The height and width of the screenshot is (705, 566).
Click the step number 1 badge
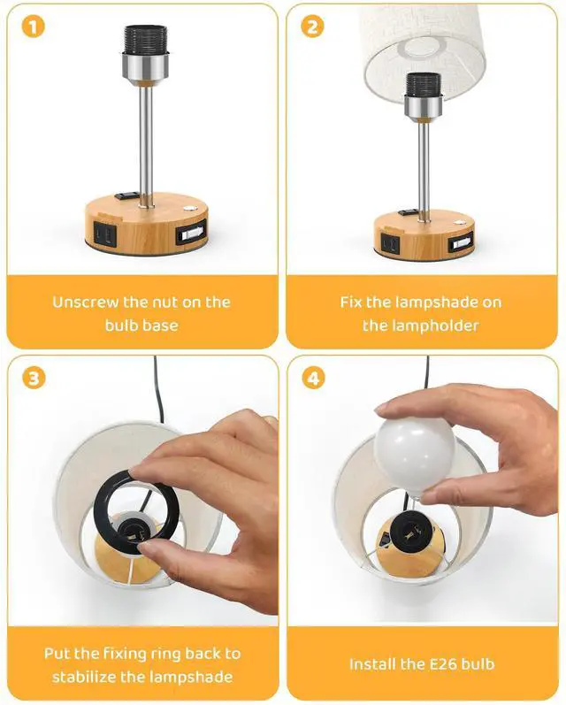click(x=34, y=27)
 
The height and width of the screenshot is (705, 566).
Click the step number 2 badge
click(x=312, y=27)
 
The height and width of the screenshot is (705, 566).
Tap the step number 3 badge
click(x=34, y=378)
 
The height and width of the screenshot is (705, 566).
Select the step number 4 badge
click(x=313, y=378)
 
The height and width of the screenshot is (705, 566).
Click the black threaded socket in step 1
click(x=145, y=40)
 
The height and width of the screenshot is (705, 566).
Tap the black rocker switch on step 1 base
click(x=125, y=196)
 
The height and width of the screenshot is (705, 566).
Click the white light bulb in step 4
click(x=415, y=454)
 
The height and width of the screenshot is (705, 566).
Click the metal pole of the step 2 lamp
click(x=424, y=170)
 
